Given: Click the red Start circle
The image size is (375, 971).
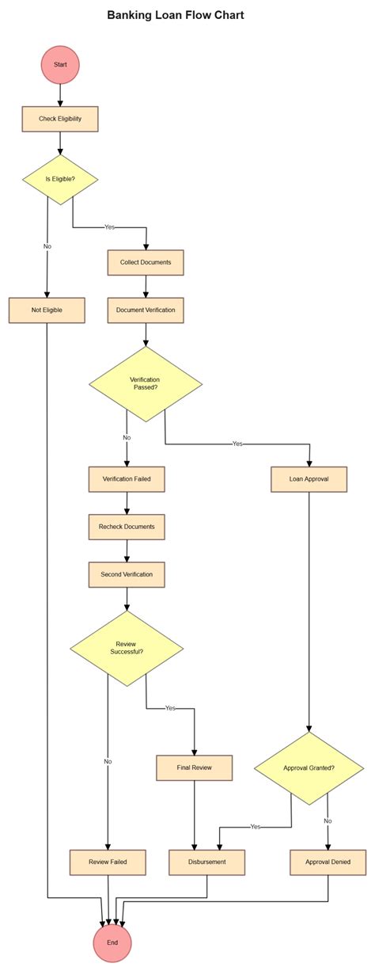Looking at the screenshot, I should click(x=60, y=63).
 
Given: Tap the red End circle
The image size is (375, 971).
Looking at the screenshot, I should click(x=112, y=942).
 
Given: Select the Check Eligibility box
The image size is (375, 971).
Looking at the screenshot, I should click(x=60, y=119).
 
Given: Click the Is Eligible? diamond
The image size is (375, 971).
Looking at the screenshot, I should click(x=60, y=179).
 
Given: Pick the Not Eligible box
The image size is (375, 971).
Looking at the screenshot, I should click(x=47, y=310).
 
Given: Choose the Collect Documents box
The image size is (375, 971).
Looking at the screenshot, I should click(x=146, y=262).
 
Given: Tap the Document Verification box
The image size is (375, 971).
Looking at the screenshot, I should click(x=146, y=310).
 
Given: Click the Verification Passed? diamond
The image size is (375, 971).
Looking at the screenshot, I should click(x=146, y=383).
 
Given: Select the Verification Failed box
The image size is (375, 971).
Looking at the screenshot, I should click(x=127, y=479).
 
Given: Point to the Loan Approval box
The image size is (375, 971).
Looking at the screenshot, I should click(x=309, y=479).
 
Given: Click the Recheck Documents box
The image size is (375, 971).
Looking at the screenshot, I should click(x=127, y=527).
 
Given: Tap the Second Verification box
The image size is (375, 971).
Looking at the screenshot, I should click(x=127, y=574).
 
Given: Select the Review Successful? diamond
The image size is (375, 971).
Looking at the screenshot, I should click(x=127, y=648).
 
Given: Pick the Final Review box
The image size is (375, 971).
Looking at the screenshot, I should click(x=195, y=767).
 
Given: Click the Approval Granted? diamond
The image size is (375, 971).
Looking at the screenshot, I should click(x=309, y=767).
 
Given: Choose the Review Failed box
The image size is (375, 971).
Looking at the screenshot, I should click(x=108, y=862).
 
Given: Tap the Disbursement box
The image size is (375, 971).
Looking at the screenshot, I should click(x=207, y=862).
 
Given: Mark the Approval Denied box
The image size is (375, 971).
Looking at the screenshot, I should click(x=328, y=862).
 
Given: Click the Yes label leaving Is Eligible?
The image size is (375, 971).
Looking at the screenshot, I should click(x=109, y=227).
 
